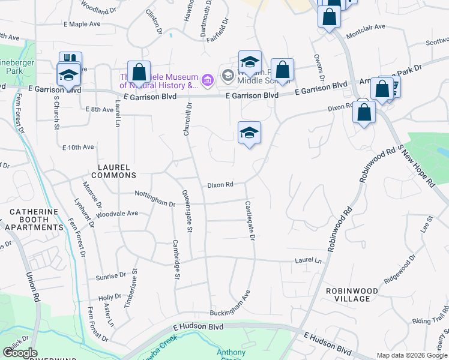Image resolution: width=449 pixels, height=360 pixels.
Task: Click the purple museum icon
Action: pos(208,80)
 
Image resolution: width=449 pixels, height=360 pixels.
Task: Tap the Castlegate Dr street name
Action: pos(250,221)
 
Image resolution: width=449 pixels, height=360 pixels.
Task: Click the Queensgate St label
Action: pos(187,211)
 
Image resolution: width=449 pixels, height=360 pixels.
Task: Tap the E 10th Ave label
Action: pos(78,147)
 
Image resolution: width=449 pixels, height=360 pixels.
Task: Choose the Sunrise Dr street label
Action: pos(111,277)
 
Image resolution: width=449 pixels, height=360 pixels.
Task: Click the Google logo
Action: pos(20,353)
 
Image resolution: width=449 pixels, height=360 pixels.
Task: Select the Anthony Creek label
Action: pos(231,355)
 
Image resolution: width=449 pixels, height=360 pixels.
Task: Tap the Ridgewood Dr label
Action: pos(400,271)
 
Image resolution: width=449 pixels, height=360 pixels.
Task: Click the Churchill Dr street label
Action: pos(188,118)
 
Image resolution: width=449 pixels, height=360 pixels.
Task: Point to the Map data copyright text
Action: pos(412,355)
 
